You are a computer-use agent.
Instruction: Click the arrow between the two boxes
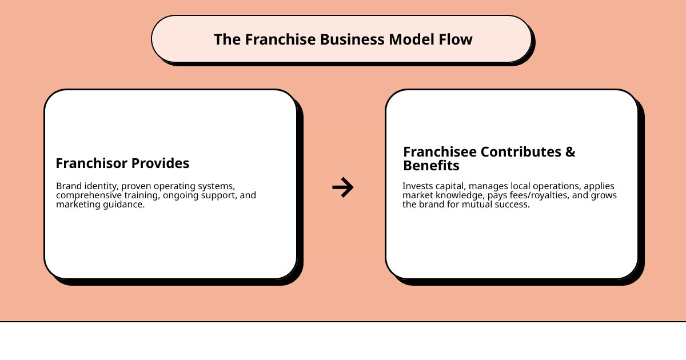click(x=343, y=187)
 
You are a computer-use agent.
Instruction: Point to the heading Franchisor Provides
click(x=122, y=163)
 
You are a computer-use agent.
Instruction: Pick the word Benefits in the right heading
click(x=431, y=166)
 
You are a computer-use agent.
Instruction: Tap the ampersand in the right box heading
click(x=570, y=152)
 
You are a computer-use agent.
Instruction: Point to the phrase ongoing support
click(x=192, y=195)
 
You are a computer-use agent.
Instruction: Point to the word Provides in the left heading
click(x=162, y=163)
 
